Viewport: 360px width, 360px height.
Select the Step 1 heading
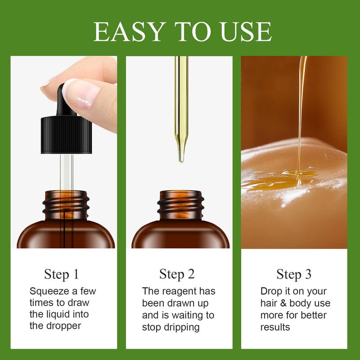point(61,274)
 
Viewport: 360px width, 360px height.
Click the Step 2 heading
point(177,274)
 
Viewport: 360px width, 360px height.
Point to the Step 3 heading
point(294,274)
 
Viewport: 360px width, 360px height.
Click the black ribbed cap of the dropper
point(66,135)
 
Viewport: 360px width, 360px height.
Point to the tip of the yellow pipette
point(181,162)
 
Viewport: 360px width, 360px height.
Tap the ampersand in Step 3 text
point(283,303)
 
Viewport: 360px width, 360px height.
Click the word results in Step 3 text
point(275,327)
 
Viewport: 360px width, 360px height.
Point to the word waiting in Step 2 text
point(189,315)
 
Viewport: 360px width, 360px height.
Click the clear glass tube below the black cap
point(67,172)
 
